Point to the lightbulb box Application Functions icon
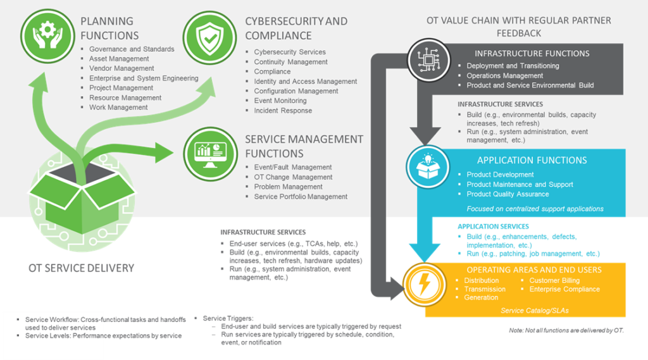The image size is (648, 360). click(430, 166)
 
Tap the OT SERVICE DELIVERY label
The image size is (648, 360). click(81, 268)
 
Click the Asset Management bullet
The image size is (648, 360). click(119, 59)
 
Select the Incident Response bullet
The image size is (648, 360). click(283, 111)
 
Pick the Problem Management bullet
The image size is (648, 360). click(288, 187)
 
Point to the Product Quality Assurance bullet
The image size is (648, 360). click(508, 194)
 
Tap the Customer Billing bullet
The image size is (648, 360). click(554, 280)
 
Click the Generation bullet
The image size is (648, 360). click(481, 297)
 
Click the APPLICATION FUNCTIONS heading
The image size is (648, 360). click(532, 161)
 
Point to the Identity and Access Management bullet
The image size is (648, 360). click(306, 82)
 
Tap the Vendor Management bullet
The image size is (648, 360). click(121, 68)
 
